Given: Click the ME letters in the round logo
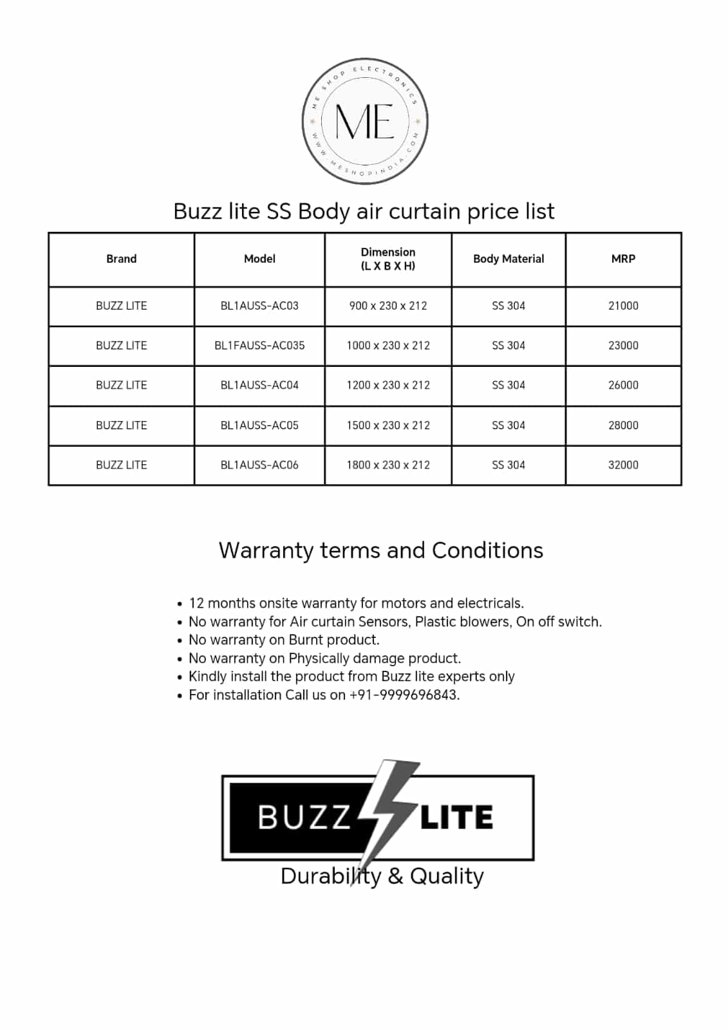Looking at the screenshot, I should [x=364, y=121].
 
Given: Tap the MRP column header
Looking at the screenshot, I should [x=623, y=259].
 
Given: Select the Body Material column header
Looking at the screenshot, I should [x=509, y=259].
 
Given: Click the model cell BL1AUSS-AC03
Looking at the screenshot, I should [x=259, y=306].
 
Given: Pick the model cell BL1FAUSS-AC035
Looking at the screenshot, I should [x=259, y=346].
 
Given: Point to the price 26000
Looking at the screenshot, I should [x=623, y=385].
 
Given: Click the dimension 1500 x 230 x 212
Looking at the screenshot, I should [x=388, y=426].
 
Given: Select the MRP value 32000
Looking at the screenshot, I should [x=623, y=465].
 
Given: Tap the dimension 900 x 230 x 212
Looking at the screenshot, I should [x=388, y=306].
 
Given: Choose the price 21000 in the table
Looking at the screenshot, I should [x=623, y=306].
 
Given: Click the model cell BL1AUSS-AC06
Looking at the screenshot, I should [x=259, y=465].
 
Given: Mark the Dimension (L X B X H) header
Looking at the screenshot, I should [x=388, y=259].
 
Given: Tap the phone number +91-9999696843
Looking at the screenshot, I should [x=404, y=695].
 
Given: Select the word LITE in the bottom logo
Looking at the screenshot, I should [x=456, y=818].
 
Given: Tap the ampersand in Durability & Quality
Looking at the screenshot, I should [x=396, y=876].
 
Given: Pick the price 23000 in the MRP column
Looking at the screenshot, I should [x=623, y=346].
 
